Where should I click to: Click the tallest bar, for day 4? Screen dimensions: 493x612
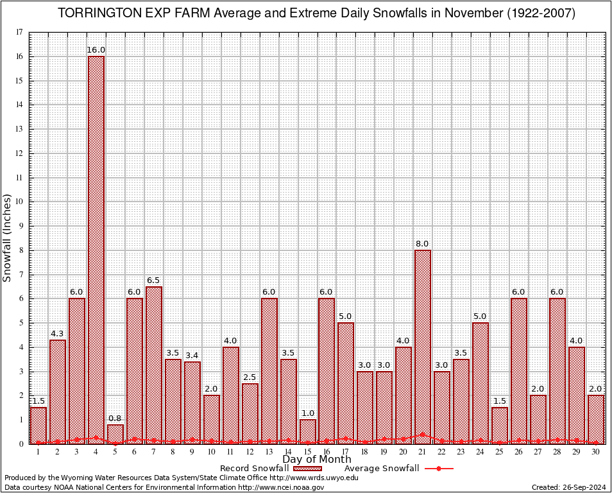(x=96, y=250)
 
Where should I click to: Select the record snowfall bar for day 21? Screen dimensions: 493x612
(x=423, y=347)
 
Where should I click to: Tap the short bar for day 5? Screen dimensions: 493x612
(x=115, y=434)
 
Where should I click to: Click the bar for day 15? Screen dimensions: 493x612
(x=308, y=431)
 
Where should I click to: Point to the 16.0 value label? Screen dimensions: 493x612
(x=96, y=50)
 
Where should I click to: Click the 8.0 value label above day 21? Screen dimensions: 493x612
(x=423, y=244)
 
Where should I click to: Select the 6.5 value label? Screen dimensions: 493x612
(x=154, y=281)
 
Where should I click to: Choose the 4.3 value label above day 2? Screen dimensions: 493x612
(x=58, y=334)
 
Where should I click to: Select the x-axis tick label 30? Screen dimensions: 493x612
(x=596, y=452)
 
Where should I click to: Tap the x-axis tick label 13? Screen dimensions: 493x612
(x=269, y=452)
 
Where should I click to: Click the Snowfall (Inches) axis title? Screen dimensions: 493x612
(x=8, y=238)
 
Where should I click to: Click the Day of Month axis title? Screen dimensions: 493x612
(x=317, y=460)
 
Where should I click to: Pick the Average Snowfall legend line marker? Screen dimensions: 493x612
(x=439, y=469)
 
